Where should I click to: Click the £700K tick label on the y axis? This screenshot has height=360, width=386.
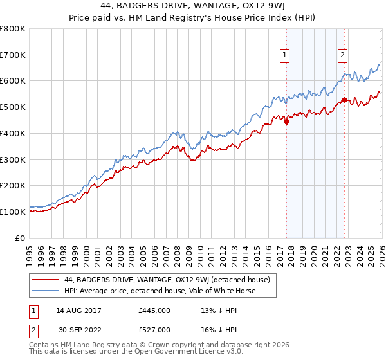coord(13,55)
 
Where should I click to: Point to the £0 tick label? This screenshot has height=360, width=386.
coord(19,238)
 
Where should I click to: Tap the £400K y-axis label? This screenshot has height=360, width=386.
coord(13,134)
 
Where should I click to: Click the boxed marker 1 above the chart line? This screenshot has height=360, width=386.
coord(284,56)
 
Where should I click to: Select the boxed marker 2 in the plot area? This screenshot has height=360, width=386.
coord(343,56)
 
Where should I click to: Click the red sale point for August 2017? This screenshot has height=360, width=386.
coord(286,122)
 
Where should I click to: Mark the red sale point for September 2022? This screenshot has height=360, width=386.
coord(345,100)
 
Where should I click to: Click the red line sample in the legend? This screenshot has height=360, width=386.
coord(46,280)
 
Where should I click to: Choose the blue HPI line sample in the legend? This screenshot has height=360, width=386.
coord(46,291)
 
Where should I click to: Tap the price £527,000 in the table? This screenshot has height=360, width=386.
coord(154,329)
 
